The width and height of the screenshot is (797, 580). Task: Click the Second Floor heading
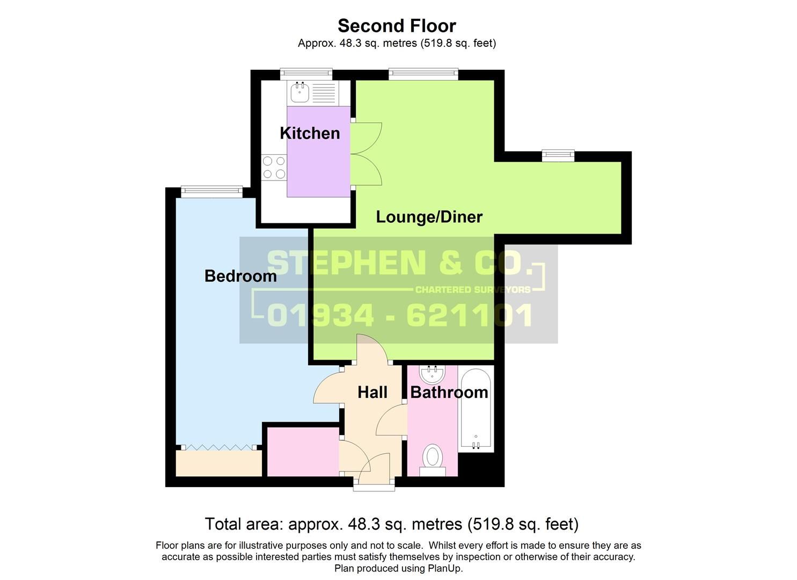pos(397,26)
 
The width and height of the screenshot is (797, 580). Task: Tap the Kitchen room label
pos(310,133)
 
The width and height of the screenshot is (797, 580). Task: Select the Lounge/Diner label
pos(429,217)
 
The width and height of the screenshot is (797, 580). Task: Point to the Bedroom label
pos(240,276)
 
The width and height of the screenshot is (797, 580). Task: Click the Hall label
pos(372,393)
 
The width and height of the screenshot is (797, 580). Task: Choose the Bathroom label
pos(449,393)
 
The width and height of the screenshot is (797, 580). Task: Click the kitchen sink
pos(299,92)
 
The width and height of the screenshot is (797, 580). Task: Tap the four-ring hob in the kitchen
pos(274,167)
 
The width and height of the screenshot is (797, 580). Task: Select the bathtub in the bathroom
pos(476,409)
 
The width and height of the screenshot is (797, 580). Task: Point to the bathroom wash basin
pos(432,374)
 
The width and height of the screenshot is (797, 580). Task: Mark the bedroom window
pos(211,191)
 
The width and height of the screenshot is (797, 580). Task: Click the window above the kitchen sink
pos(306,74)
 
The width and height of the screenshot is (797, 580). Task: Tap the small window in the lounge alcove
pos(558,156)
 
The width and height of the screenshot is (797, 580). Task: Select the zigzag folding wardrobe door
pos(218,447)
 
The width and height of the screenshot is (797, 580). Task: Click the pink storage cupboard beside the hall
pos(303,452)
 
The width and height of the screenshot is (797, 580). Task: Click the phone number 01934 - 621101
pos(400,315)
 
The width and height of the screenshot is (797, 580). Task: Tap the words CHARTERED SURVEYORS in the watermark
pos(473,290)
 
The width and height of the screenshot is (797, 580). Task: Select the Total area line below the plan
pos(391,524)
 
